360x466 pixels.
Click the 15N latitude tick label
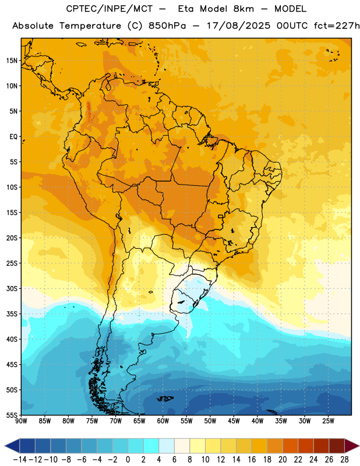[x=12, y=61]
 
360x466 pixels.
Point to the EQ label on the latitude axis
[x=13, y=137]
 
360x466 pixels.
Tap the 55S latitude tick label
[x=12, y=415]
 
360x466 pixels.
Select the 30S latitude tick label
[x=12, y=288]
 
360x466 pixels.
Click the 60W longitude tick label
[x=163, y=421]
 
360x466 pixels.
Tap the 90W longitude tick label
[x=21, y=421]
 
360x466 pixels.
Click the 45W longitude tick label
[x=234, y=421]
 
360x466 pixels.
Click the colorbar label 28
[x=344, y=460]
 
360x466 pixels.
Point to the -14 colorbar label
[x=20, y=460]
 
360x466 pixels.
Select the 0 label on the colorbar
[x=128, y=460]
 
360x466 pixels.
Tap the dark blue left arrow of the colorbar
[x=12, y=446]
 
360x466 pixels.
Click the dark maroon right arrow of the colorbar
[x=352, y=446]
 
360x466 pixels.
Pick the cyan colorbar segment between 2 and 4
[x=151, y=446]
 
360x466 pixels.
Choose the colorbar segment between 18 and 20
[x=275, y=446]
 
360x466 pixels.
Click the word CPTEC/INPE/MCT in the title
[x=109, y=9]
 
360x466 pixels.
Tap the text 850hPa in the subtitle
[x=167, y=26]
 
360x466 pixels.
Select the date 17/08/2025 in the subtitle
[x=238, y=26]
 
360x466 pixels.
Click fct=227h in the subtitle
[x=337, y=26]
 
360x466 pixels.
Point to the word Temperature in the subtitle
[x=90, y=26]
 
